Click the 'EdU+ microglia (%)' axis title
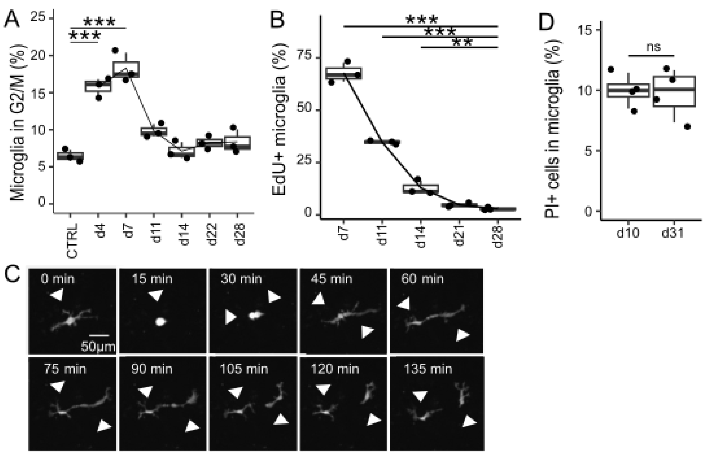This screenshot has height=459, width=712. pyautogui.click(x=279, y=119)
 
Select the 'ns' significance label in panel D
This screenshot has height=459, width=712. pyautogui.click(x=653, y=47)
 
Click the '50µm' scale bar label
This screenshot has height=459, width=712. pyautogui.click(x=98, y=347)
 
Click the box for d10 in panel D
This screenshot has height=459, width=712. pyautogui.click(x=628, y=90)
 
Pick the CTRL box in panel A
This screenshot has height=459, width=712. pyautogui.click(x=70, y=156)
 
